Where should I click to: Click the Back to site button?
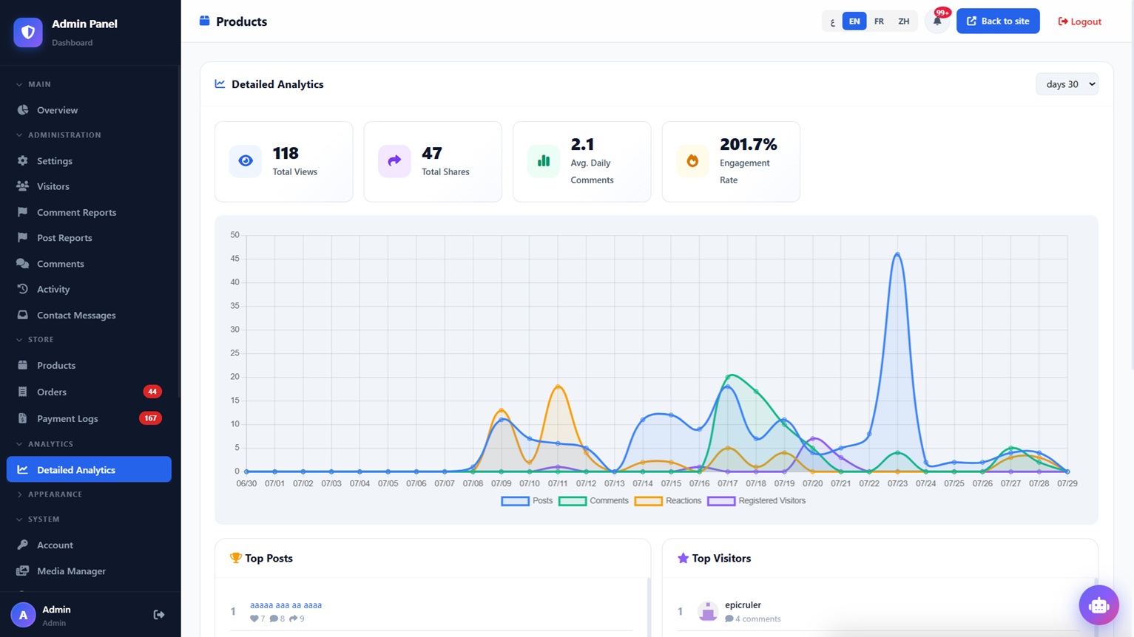(x=998, y=21)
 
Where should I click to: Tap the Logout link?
(x=1079, y=21)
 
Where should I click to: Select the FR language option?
(x=879, y=21)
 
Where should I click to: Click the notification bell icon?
(x=937, y=21)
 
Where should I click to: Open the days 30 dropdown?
(x=1067, y=84)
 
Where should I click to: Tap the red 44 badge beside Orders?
(x=152, y=392)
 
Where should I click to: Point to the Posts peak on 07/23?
(x=897, y=253)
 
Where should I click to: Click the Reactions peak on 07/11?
(x=558, y=386)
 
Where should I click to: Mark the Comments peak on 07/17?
(x=728, y=377)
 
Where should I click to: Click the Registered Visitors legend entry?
(x=756, y=500)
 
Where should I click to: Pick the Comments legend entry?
(x=593, y=500)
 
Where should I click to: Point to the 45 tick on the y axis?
(x=234, y=259)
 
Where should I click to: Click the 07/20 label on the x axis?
(x=812, y=483)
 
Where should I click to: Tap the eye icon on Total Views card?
(x=246, y=161)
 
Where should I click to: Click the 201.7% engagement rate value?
(x=749, y=145)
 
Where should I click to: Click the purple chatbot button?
(x=1098, y=605)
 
